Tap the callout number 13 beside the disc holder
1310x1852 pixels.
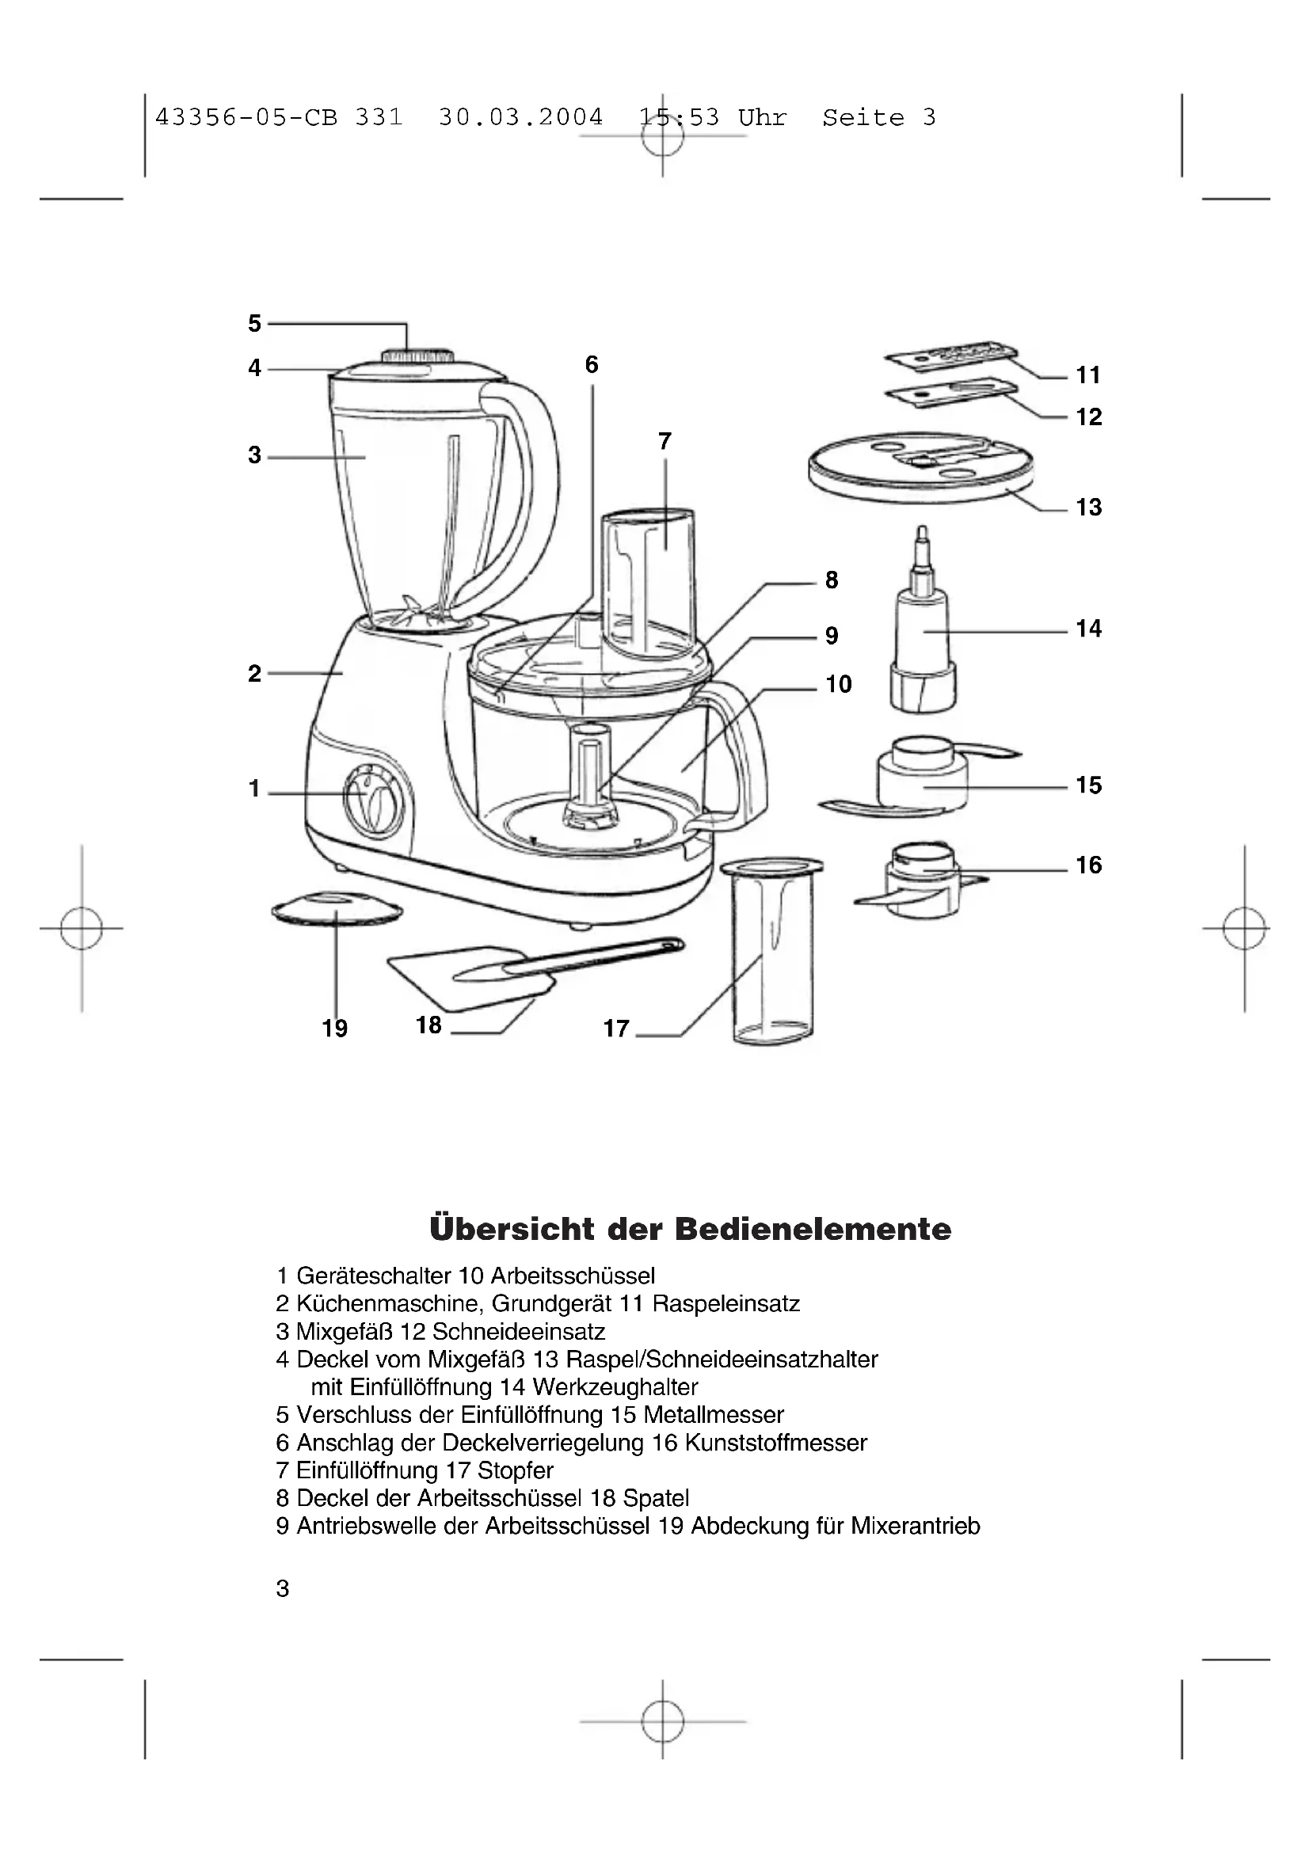point(1088,508)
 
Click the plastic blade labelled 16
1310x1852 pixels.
point(920,880)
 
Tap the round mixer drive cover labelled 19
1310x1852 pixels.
point(337,909)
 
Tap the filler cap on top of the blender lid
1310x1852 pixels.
point(417,356)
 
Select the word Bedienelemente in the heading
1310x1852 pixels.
point(813,1230)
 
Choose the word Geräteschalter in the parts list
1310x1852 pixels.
point(374,1276)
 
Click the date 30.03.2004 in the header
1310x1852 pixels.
point(520,118)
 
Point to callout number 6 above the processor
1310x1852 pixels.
point(592,364)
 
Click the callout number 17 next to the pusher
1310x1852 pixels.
point(615,1029)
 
